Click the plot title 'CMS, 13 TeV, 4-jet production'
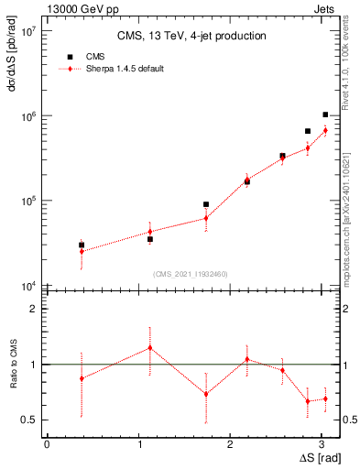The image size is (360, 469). [192, 37]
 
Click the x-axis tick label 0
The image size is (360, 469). [47, 443]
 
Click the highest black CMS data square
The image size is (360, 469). [325, 115]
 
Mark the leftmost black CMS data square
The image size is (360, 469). [82, 245]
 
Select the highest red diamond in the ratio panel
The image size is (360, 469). [149, 347]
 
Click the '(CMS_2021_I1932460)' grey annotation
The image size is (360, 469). [191, 274]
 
